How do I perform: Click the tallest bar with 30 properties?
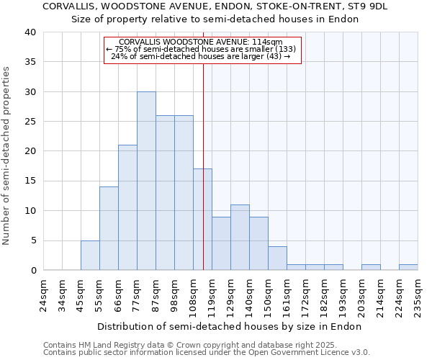click(x=146, y=181)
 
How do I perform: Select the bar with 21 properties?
click(x=127, y=207)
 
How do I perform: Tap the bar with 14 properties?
click(x=109, y=228)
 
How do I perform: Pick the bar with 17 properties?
click(x=202, y=220)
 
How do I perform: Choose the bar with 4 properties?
click(x=277, y=258)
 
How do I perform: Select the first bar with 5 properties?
click(x=90, y=256)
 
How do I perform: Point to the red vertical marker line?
click(x=203, y=144)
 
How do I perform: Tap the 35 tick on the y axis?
click(x=30, y=62)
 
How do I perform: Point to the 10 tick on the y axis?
click(x=30, y=211)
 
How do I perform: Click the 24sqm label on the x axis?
click(x=43, y=293)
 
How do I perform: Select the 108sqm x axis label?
click(x=193, y=293)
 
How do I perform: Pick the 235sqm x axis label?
click(x=418, y=293)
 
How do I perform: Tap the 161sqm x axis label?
click(x=287, y=293)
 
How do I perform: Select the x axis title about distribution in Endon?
click(x=229, y=326)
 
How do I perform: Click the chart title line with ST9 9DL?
click(x=215, y=6)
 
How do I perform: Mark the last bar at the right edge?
click(x=408, y=267)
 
